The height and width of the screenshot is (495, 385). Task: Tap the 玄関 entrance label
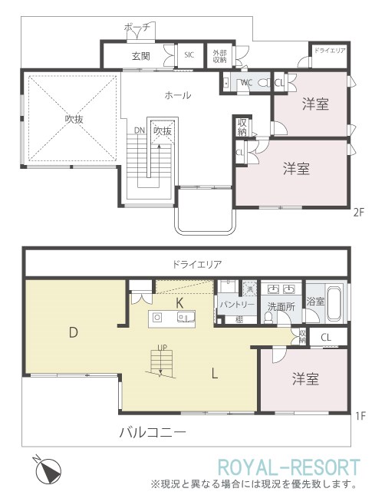pyautogui.click(x=140, y=56)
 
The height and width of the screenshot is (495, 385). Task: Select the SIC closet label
pyautogui.click(x=189, y=55)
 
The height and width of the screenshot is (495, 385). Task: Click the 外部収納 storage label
pyautogui.click(x=220, y=56)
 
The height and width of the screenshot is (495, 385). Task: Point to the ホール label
pyautogui.click(x=178, y=95)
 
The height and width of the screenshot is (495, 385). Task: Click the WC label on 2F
pyautogui.click(x=247, y=82)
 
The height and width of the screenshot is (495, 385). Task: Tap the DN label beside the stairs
pyautogui.click(x=139, y=130)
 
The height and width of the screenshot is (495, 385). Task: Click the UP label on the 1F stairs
pyautogui.click(x=162, y=348)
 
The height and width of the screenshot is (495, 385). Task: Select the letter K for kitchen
pyautogui.click(x=179, y=302)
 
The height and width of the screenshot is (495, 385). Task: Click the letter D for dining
pyautogui.click(x=73, y=332)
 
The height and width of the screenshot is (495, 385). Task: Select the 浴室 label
pyautogui.click(x=315, y=302)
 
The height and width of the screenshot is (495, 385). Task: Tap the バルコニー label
pyautogui.click(x=153, y=432)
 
